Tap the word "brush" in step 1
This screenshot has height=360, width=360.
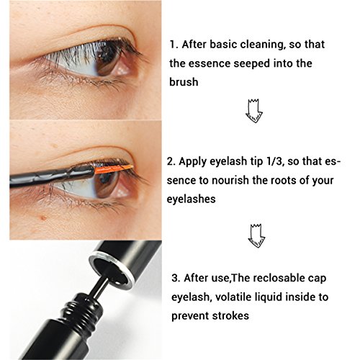[184, 82]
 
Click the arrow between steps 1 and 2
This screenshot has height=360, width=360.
[254, 111]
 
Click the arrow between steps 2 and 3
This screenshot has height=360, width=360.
[256, 236]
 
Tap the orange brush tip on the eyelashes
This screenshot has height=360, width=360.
[114, 169]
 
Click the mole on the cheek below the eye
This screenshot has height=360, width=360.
[43, 218]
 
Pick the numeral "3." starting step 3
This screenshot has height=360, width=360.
[176, 278]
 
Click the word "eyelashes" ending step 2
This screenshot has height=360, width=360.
[192, 199]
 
